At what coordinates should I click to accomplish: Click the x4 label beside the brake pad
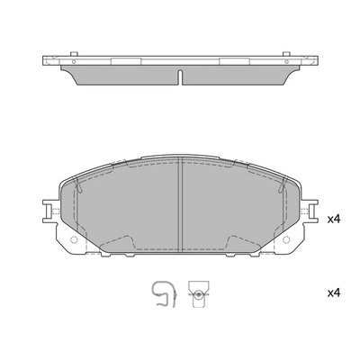334,220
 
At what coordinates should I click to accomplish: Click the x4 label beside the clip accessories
334,292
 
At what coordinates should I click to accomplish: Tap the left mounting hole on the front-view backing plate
74,239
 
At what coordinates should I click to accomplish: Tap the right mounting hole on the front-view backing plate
286,239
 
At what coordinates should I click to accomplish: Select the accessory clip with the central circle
198,294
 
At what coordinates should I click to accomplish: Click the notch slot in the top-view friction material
180,77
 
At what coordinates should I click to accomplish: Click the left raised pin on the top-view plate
74,54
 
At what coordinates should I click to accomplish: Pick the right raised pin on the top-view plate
286,54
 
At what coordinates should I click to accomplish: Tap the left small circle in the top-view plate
74,62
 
